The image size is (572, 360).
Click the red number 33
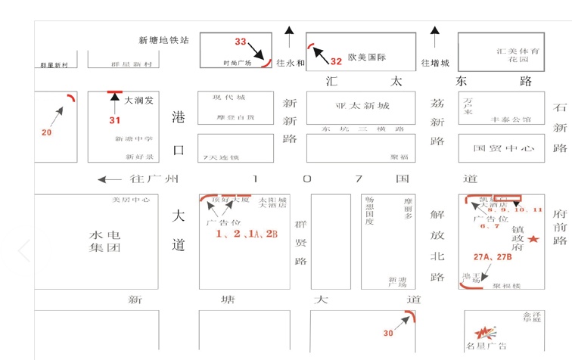pyautogui.click(x=241, y=42)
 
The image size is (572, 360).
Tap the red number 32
pyautogui.click(x=337, y=61)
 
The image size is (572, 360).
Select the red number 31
pyautogui.click(x=115, y=119)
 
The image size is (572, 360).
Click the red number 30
pyautogui.click(x=388, y=333)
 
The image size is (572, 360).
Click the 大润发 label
pyautogui.click(x=139, y=99)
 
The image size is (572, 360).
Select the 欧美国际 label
pyautogui.click(x=367, y=57)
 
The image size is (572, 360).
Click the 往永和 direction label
pyautogui.click(x=290, y=63)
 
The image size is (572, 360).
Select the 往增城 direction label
pyautogui.click(x=435, y=63)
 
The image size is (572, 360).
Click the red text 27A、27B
pyautogui.click(x=493, y=258)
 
